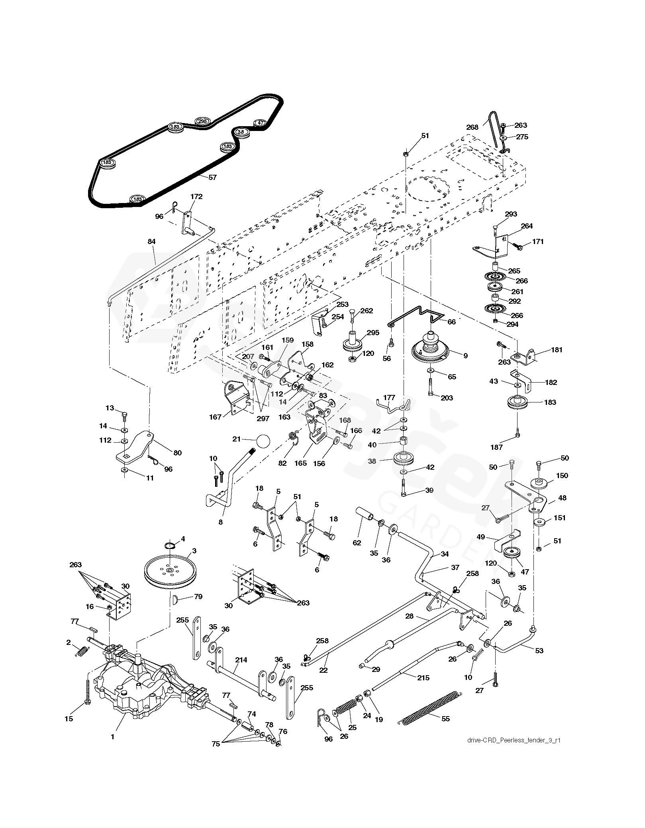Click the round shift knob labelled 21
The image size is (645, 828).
[x=263, y=441]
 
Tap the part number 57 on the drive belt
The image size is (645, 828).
[x=212, y=178]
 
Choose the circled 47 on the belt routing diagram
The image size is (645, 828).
[x=260, y=123]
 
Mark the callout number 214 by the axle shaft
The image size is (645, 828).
[x=241, y=660]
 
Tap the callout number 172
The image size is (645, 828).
[x=196, y=196]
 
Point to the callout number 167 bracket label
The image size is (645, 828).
[x=216, y=417]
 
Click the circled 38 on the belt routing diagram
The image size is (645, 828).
[x=240, y=132]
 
